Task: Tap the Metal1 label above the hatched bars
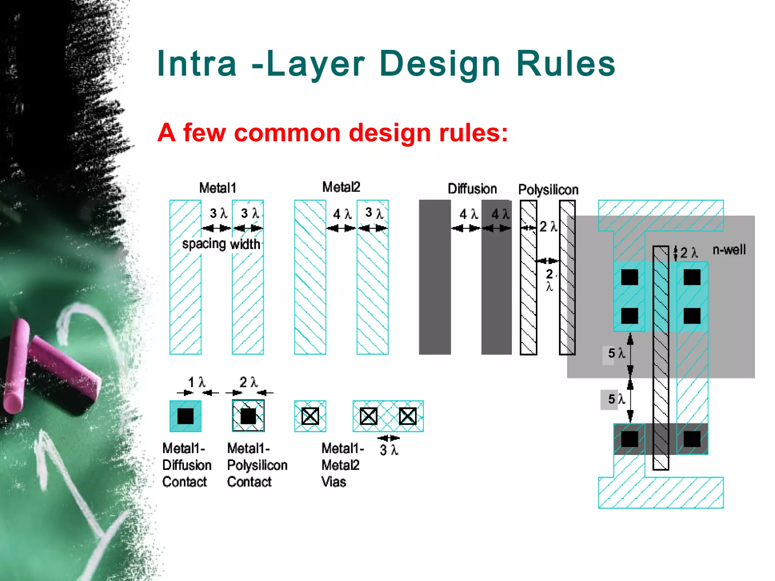[217, 188]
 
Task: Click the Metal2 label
[341, 187]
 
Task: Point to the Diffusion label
[472, 188]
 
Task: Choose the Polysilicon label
[548, 190]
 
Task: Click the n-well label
[729, 250]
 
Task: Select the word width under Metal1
[245, 244]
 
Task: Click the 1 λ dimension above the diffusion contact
[197, 382]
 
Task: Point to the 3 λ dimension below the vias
[389, 450]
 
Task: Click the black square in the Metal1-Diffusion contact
[185, 416]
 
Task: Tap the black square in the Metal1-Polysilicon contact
[248, 416]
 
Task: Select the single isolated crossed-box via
[310, 416]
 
